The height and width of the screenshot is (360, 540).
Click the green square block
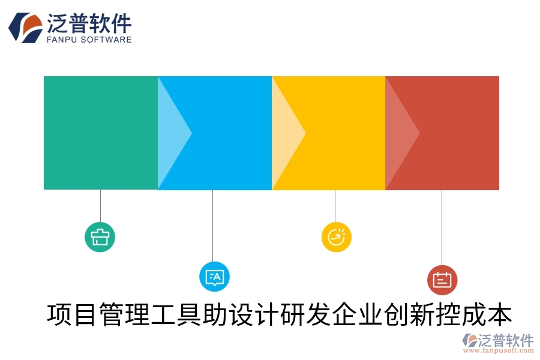click(x=100, y=133)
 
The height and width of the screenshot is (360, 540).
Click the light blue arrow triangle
click(x=171, y=133)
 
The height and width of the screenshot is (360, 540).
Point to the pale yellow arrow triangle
click(x=285, y=133)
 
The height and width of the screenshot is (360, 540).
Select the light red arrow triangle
click(x=399, y=133)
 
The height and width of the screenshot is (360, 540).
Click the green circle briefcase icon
click(x=100, y=236)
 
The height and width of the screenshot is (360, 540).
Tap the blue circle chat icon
click(x=214, y=277)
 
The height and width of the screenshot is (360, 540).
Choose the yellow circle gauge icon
click(x=336, y=236)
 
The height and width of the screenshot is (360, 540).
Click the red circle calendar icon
click(x=442, y=280)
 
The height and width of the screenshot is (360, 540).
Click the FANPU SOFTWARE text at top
click(x=89, y=40)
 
